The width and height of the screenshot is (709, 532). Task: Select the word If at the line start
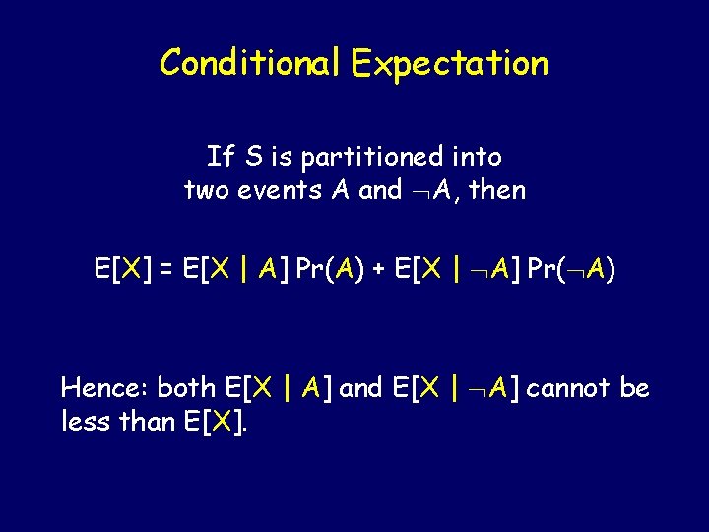(220, 157)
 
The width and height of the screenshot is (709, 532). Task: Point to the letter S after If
(254, 157)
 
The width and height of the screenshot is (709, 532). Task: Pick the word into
(480, 157)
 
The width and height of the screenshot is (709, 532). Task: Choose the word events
(279, 190)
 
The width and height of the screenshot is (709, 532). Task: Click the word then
(497, 190)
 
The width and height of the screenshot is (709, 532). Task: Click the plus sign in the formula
(377, 269)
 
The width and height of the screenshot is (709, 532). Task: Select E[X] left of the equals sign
(120, 269)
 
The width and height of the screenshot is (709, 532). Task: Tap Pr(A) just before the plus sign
(331, 269)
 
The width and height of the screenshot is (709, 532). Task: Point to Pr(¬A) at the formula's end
(572, 269)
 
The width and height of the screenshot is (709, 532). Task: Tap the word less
(86, 422)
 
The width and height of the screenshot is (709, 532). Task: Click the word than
(147, 422)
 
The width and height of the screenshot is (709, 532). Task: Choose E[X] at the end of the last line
(219, 422)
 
